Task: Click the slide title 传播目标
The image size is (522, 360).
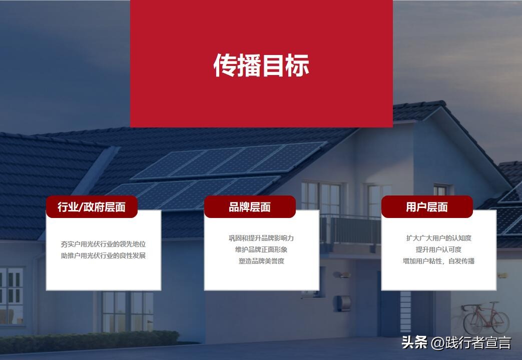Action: click(x=261, y=65)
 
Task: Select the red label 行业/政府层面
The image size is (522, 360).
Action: click(x=92, y=207)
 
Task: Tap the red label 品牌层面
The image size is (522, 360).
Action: click(x=250, y=207)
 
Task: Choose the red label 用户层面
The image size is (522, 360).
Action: click(x=427, y=207)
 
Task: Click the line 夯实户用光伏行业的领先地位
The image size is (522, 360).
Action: click(x=104, y=244)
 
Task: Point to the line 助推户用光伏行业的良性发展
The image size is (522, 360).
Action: click(x=104, y=256)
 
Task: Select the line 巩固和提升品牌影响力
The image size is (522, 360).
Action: click(x=261, y=238)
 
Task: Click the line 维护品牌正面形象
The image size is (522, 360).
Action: click(x=261, y=249)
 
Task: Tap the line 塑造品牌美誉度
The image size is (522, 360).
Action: click(x=261, y=261)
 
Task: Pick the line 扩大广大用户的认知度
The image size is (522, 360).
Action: click(x=438, y=238)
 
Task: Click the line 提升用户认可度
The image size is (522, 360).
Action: click(x=438, y=249)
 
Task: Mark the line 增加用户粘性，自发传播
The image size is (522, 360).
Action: click(x=438, y=261)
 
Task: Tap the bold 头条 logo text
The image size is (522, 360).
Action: click(x=414, y=343)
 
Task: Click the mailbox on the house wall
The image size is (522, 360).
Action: click(x=343, y=302)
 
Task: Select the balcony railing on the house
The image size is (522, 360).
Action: click(x=350, y=229)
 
